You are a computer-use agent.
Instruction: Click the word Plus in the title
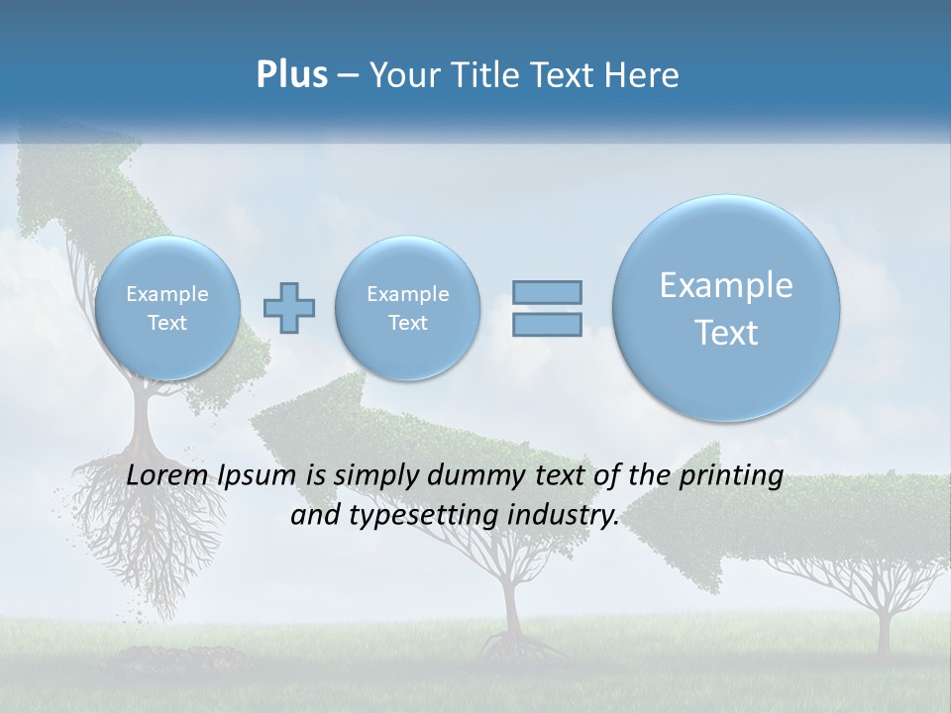coord(291,75)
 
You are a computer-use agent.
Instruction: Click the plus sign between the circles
coord(289,308)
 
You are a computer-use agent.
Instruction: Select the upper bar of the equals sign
coord(547,292)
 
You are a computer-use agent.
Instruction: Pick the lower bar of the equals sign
coord(547,324)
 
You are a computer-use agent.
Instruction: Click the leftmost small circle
coord(166,308)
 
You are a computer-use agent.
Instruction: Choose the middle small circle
coord(407,308)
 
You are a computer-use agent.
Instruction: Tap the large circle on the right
coord(726,308)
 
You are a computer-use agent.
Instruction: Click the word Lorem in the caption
coord(165,475)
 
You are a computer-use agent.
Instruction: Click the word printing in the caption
coord(731,476)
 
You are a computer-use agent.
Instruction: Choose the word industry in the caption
coord(570,516)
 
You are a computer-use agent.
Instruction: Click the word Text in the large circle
coord(726,333)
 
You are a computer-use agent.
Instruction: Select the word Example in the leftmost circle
coord(166,294)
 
